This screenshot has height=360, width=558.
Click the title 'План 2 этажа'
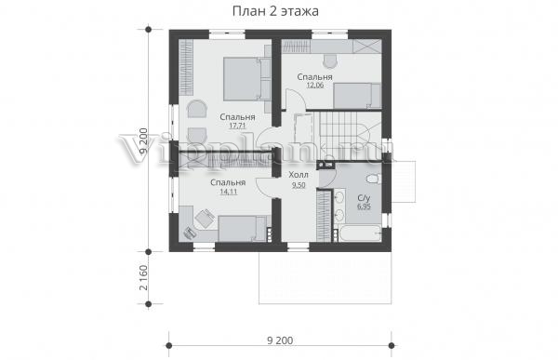coord(275,11)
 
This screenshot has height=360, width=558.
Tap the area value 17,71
coord(237,126)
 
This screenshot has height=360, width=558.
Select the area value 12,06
coord(315,86)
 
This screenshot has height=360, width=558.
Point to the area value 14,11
coord(229,192)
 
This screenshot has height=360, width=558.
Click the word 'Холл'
coord(299,175)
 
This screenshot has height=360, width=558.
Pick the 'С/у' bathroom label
coord(364,198)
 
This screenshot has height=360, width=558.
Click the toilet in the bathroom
coord(374,179)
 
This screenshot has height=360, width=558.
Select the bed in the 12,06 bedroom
coord(357,96)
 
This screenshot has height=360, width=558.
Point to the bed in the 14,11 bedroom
coord(243,229)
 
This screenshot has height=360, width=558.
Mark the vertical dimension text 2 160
coord(143,278)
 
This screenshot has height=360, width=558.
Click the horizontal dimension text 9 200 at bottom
coord(280,340)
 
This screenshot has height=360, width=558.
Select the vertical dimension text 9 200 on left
coord(143,140)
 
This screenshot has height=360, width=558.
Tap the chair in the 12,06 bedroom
coord(330,60)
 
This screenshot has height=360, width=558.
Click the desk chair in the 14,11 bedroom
coord(204,218)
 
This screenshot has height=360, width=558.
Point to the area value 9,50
coord(299,185)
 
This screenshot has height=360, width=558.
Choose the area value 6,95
coord(364,207)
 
